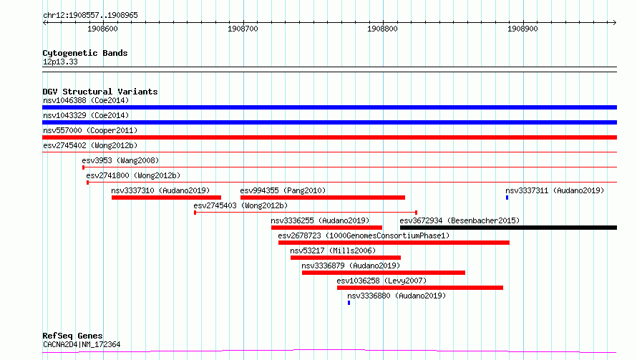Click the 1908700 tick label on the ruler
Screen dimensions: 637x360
click(243, 29)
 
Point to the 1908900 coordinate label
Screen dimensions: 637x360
click(522, 29)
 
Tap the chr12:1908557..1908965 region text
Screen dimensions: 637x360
click(90, 16)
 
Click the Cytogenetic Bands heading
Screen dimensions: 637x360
click(85, 53)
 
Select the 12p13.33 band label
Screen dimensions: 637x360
click(60, 62)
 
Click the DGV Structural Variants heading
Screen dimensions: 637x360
click(100, 92)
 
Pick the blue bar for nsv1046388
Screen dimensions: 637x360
click(329, 107)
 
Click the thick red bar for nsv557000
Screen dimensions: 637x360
click(329, 137)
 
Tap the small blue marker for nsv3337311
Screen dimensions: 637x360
click(507, 198)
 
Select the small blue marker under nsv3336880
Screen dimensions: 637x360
click(349, 303)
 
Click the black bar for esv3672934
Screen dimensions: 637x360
click(508, 228)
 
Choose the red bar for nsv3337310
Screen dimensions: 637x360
click(166, 198)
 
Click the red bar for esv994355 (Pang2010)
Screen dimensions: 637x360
click(323, 198)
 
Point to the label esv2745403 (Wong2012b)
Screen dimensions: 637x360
click(240, 205)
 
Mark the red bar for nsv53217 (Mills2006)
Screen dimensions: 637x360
click(345, 258)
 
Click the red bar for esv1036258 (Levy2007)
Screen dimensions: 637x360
click(419, 288)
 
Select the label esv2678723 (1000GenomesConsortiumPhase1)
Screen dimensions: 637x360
click(364, 235)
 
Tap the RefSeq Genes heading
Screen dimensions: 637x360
click(72, 336)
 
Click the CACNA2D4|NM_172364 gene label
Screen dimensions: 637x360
click(82, 344)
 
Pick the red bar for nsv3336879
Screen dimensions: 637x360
click(384, 273)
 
